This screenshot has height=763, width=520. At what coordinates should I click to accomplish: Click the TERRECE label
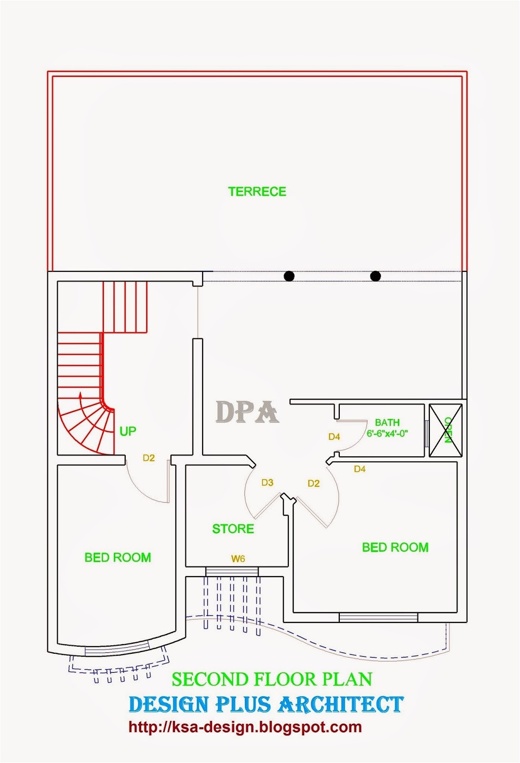click(257, 192)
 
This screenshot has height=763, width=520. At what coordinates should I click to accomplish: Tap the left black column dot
click(289, 276)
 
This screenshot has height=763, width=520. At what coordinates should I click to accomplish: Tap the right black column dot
click(376, 276)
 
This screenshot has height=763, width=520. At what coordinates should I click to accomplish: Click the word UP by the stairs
click(128, 431)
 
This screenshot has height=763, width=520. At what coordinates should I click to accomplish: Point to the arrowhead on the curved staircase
click(81, 395)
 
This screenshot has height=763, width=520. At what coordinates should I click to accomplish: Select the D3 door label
click(267, 483)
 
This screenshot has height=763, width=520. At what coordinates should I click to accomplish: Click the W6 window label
click(238, 558)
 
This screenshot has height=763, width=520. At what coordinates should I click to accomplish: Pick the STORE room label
click(233, 529)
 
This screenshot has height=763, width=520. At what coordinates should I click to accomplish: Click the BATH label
click(387, 423)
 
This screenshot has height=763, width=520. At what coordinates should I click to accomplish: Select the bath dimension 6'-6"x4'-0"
click(387, 434)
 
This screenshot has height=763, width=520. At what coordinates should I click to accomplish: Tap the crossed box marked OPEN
click(446, 430)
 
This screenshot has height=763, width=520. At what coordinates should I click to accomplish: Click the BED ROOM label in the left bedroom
click(118, 557)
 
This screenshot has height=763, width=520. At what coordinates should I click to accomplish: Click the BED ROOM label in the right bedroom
click(395, 547)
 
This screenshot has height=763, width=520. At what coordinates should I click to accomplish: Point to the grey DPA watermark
click(247, 412)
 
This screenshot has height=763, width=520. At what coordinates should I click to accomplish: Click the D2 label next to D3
click(314, 484)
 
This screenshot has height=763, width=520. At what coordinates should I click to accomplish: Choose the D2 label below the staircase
click(149, 458)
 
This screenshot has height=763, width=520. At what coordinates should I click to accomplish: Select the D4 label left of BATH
click(334, 437)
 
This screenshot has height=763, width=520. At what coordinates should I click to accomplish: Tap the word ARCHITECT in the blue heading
click(341, 705)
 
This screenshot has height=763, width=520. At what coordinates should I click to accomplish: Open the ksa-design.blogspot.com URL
click(245, 727)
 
